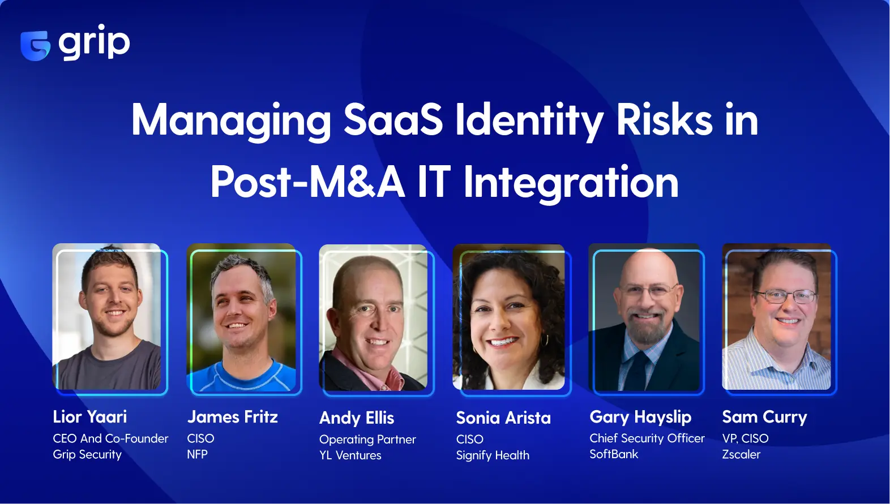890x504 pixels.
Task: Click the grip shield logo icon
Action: point(35,45)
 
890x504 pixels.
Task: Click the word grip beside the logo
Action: point(94,42)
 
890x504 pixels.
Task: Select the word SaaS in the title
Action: point(393,120)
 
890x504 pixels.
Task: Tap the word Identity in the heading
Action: point(529,121)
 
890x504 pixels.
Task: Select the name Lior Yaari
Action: point(90,417)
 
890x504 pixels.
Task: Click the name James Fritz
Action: point(233,417)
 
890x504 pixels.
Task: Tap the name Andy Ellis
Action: point(357,418)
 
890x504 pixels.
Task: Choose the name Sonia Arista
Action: point(503,418)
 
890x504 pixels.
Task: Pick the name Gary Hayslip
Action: point(640,417)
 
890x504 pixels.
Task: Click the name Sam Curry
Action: point(764,417)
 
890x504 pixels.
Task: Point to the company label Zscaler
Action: point(741,454)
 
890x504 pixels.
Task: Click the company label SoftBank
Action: point(614,454)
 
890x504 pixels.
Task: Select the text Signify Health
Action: point(493,455)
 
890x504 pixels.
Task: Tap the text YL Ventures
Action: point(350,455)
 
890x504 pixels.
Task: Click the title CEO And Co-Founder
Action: point(110,438)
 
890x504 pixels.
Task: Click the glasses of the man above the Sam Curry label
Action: point(786,296)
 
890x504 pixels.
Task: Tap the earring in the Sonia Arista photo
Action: point(546,341)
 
